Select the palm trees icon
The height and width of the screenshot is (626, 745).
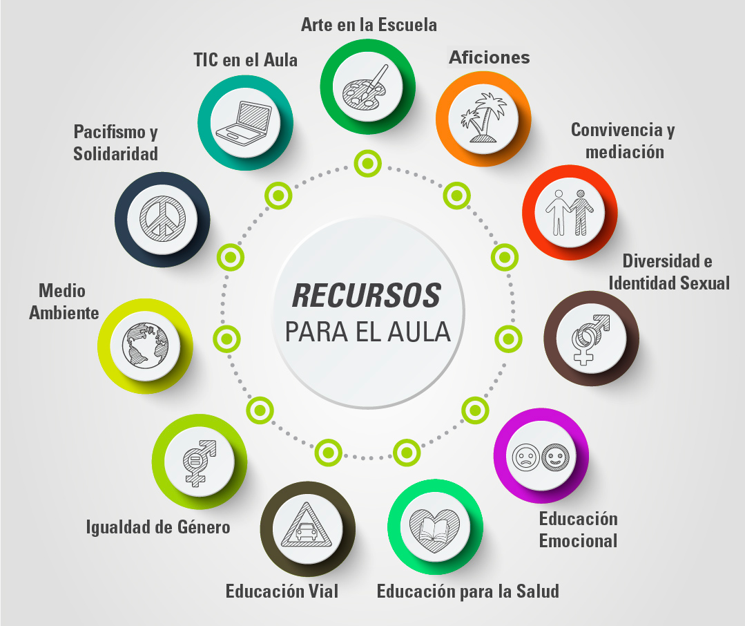(483, 117)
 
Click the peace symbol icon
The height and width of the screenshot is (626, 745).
(163, 220)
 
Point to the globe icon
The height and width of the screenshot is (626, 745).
(145, 343)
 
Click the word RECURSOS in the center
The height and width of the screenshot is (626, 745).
(367, 296)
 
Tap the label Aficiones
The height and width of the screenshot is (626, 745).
(490, 57)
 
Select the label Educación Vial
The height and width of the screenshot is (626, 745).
(282, 591)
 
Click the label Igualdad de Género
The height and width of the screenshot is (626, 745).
(157, 527)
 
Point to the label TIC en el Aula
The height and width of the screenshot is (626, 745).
(245, 60)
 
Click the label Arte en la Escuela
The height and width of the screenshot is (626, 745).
(369, 25)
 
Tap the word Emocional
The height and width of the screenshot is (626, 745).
(578, 540)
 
